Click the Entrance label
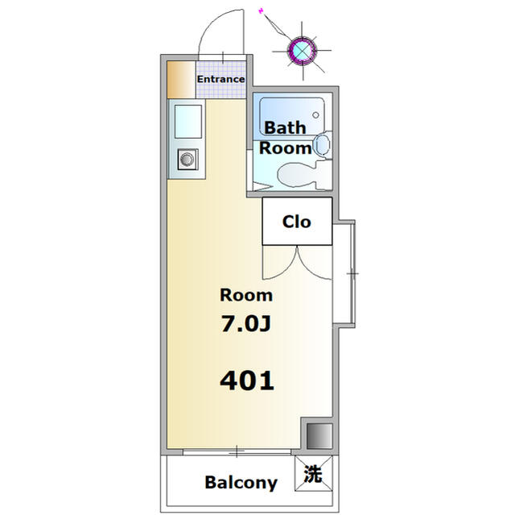coord(220,79)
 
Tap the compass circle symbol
coord(303,50)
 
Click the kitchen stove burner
coord(187,160)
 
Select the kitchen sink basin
coord(187,122)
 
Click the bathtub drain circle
coord(315,115)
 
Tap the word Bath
coord(285,127)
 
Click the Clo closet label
coord(297,222)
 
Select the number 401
coord(247,381)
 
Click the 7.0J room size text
coord(246,324)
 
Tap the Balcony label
coord(241,483)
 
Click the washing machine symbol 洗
coord(313,474)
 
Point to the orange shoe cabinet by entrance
coord(181,80)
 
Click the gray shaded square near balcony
coord(319,436)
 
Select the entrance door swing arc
coord(209,27)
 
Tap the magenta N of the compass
coord(262,10)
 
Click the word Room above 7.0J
coord(246,295)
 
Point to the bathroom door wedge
coord(263,188)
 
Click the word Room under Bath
coord(286,148)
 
